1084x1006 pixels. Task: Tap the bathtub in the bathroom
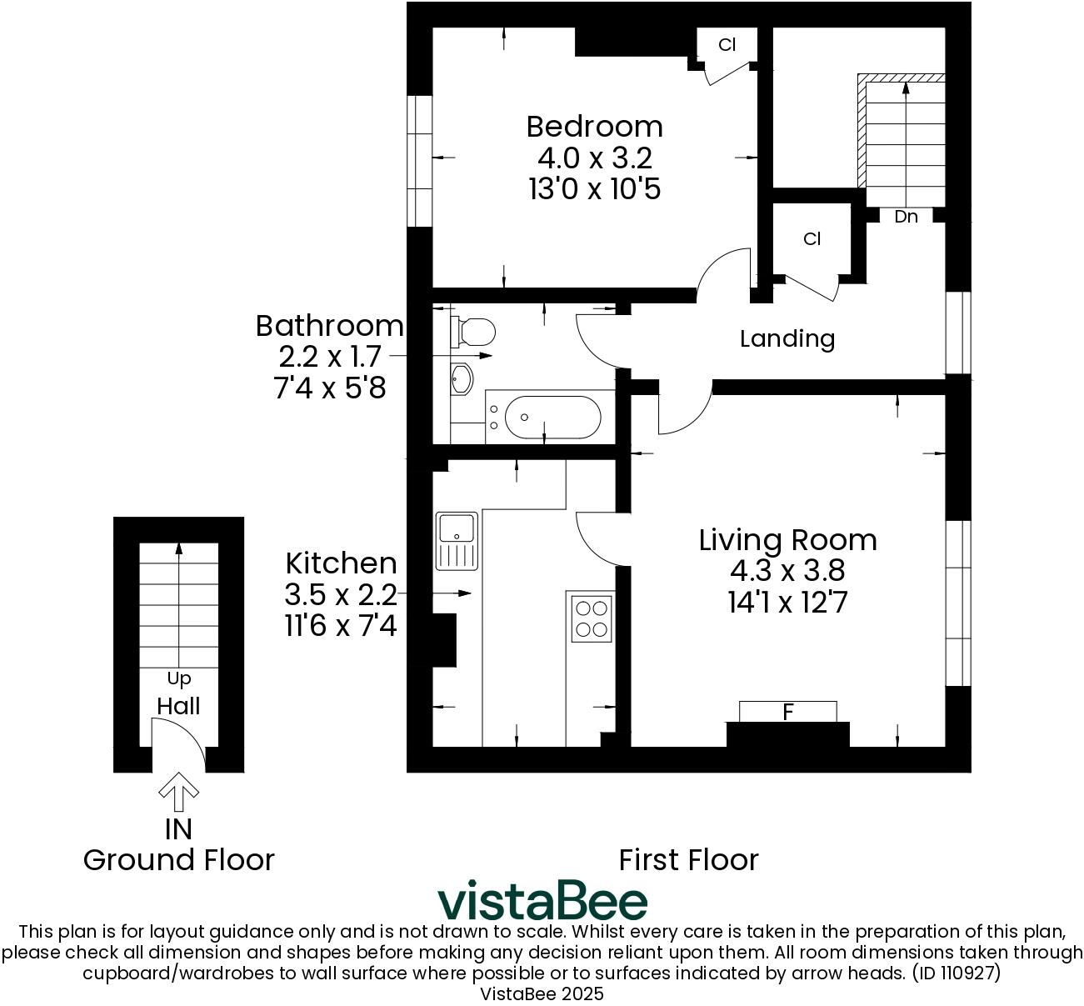coord(542,416)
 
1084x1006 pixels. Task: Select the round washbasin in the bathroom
coord(461,380)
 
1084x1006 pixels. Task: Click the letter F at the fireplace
coord(787,713)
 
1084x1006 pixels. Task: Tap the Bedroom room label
coord(594,127)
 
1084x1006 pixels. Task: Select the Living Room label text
coord(787,540)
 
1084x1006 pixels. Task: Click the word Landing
coord(787,338)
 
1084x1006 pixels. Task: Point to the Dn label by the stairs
coord(906,217)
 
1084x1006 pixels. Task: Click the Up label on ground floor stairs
coord(178,678)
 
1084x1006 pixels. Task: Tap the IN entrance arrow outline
coord(178,792)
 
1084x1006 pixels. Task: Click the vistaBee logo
coord(542,900)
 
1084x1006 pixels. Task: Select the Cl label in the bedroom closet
coord(727,45)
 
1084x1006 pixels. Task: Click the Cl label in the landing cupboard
coord(812,239)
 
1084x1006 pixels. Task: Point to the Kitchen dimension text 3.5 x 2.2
coord(341,594)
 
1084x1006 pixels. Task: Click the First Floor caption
coord(688,859)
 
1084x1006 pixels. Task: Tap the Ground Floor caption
coord(178,859)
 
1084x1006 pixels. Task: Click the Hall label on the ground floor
coord(178,706)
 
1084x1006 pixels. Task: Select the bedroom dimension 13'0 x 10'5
coord(594,189)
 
